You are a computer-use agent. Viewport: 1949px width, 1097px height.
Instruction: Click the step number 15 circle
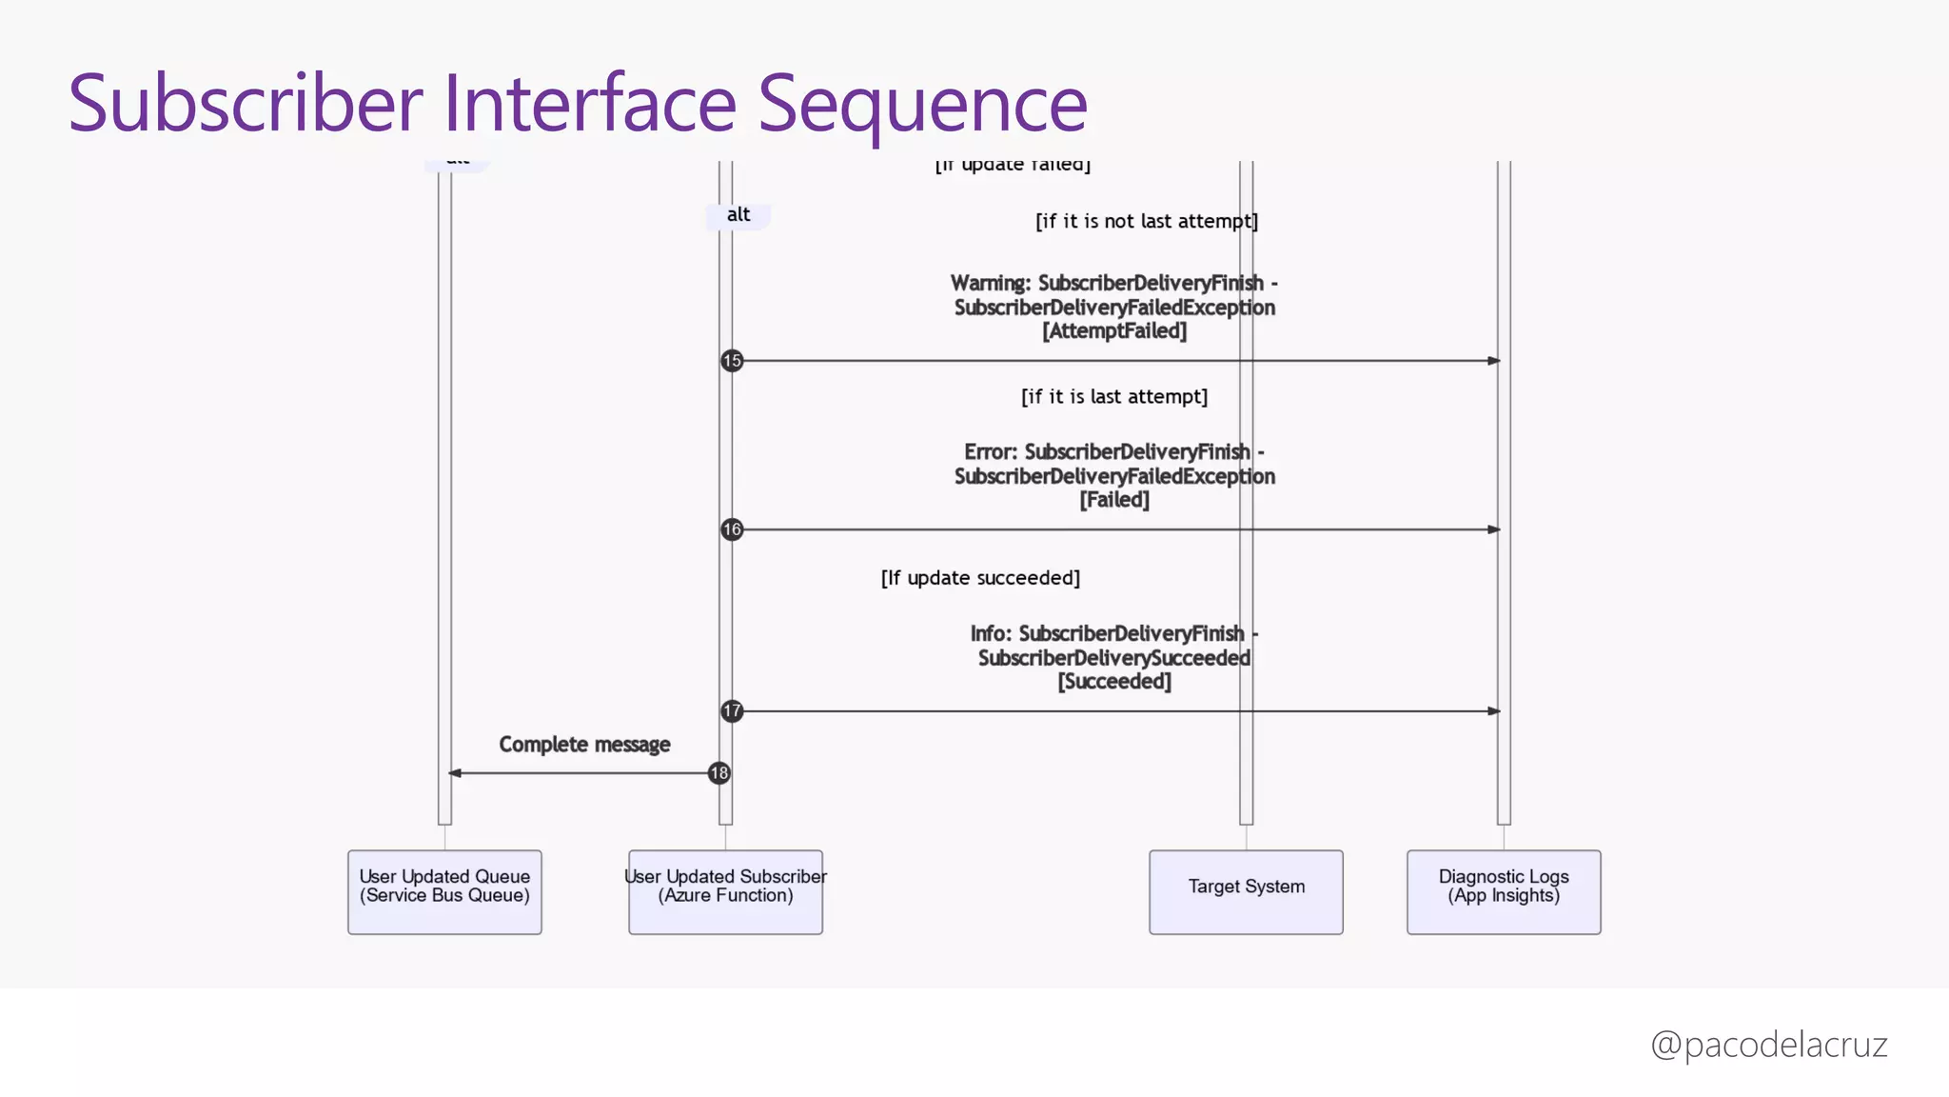[732, 361]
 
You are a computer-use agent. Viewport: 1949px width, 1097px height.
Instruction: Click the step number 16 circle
[732, 529]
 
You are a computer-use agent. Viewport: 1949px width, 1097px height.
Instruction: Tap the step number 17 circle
[732, 711]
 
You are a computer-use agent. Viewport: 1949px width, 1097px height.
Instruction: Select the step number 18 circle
[719, 773]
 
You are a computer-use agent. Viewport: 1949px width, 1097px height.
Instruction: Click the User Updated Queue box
[444, 892]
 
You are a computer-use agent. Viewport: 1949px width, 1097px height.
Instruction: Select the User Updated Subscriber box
[725, 892]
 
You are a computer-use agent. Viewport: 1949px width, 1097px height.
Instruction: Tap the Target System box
[1246, 892]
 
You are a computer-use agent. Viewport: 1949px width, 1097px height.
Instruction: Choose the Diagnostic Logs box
[1504, 892]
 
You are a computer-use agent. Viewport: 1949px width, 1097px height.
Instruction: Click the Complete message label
[584, 745]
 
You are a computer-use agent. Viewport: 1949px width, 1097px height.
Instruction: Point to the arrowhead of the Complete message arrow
[455, 773]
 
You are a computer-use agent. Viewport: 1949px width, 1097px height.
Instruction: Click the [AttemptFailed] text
[1114, 331]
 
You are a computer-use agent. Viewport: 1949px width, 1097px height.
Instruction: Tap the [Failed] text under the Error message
[1114, 500]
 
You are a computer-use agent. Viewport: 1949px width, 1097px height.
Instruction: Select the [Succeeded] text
[1114, 682]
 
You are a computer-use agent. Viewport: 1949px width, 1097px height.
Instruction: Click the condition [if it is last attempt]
[1114, 397]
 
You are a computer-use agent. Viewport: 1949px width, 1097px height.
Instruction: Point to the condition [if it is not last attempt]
[1147, 222]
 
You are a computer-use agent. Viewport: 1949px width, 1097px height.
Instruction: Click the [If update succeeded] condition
[980, 578]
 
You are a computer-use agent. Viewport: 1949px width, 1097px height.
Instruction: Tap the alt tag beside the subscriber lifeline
[738, 215]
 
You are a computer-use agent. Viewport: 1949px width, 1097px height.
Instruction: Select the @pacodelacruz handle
[1768, 1045]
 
